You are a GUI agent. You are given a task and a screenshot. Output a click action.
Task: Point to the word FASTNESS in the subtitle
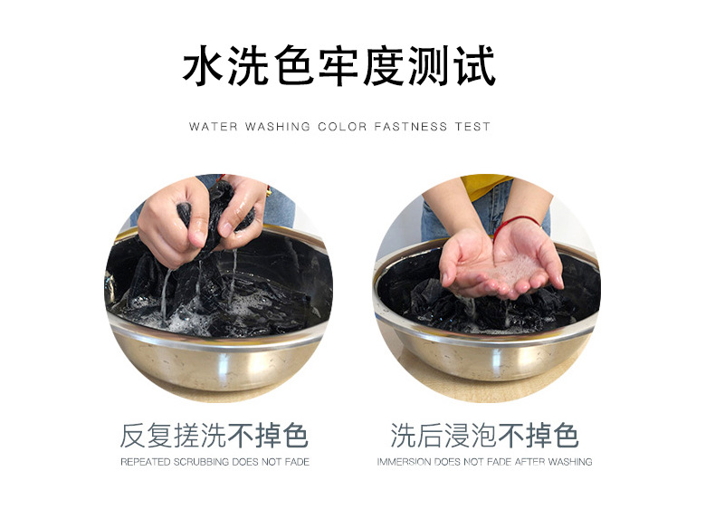(x=411, y=127)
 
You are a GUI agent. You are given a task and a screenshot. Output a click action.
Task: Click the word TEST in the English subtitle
(x=472, y=127)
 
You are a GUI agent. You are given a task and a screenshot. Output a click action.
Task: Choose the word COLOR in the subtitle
(x=342, y=127)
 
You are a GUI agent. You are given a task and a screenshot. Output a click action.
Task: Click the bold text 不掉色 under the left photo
(x=269, y=436)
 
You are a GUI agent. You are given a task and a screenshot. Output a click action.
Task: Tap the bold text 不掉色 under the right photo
(x=539, y=436)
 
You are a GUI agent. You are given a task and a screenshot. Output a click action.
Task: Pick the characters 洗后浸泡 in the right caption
(x=444, y=436)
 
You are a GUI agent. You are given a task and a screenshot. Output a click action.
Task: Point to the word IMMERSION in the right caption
(x=404, y=462)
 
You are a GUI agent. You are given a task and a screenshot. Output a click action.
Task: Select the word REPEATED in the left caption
(x=141, y=462)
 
